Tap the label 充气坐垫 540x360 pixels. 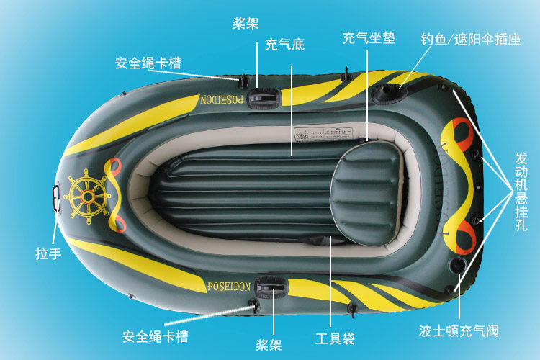(369, 37)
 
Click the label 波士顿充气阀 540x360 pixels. (459, 331)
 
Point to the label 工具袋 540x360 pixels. (335, 337)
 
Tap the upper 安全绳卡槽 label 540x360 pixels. (148, 62)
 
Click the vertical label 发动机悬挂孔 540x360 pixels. (522, 191)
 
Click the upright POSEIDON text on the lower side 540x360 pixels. (228, 287)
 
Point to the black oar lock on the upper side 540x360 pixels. (260, 97)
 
